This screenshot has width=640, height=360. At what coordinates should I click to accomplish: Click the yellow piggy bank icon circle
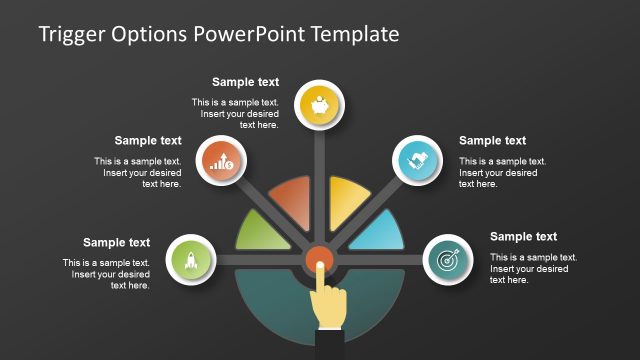(320, 105)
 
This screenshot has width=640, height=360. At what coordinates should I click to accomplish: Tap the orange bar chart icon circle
(221, 160)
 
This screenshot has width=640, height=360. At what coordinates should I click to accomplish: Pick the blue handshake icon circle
(417, 159)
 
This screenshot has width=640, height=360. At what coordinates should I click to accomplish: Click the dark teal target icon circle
(447, 259)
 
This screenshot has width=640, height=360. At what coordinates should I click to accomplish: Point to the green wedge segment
(265, 232)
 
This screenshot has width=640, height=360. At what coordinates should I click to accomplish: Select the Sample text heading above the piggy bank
(245, 82)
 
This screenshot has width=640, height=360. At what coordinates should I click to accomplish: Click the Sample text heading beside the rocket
(116, 242)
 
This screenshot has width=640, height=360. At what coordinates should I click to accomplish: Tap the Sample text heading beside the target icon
(523, 237)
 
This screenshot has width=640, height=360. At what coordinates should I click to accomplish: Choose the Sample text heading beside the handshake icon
(492, 141)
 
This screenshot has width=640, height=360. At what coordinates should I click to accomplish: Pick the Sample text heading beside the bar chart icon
(148, 141)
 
